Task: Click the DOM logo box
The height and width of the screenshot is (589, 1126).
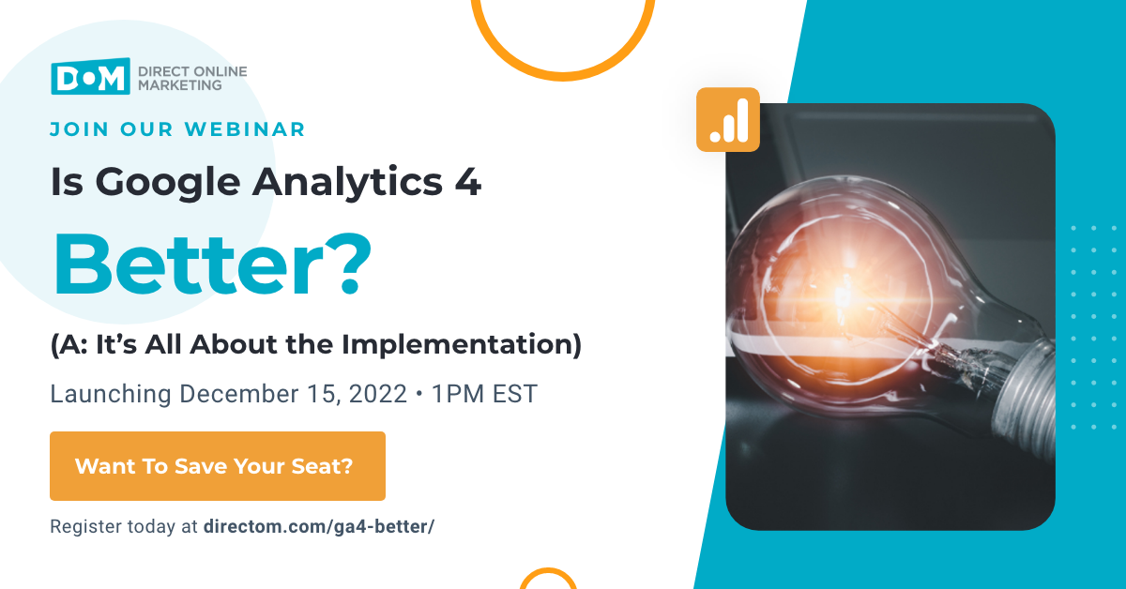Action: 90,76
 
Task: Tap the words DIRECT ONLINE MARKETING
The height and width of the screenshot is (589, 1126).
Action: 192,79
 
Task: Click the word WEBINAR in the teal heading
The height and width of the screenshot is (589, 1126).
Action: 245,129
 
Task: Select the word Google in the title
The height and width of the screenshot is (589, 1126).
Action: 168,183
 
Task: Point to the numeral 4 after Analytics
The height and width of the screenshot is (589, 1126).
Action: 468,181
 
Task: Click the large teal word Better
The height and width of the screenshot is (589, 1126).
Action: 190,264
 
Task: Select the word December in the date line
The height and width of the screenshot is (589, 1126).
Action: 238,394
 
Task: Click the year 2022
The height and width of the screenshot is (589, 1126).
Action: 377,394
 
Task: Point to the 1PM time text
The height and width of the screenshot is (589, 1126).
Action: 458,394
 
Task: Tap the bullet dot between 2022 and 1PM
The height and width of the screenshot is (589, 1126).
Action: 419,394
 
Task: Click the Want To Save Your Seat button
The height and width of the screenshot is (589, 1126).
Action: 218,466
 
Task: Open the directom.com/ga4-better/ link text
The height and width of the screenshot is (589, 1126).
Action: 319,527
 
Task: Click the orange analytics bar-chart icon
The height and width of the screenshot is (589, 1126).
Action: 728,120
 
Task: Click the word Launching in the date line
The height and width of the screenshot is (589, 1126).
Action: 111,395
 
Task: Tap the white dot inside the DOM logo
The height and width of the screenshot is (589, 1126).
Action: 90,78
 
